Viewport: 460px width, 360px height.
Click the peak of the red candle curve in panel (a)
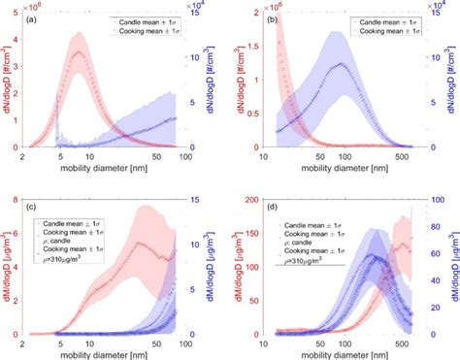click(x=79, y=51)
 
